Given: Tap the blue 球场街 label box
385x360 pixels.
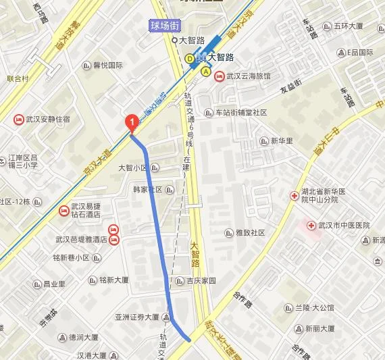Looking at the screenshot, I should click(x=164, y=26).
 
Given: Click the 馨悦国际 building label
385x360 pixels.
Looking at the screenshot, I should click(x=107, y=66).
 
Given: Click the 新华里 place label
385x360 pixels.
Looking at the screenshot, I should click(x=282, y=141).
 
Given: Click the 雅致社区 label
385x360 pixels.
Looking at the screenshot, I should click(x=249, y=232).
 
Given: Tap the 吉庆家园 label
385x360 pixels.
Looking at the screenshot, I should click(x=201, y=280).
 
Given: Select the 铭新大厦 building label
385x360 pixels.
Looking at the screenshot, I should click(x=113, y=279).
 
